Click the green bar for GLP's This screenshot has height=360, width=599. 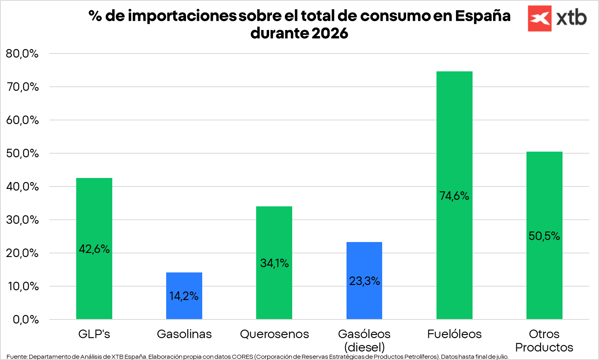coord(94,249)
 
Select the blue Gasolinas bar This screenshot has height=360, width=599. coord(184,296)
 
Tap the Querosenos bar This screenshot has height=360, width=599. coord(274,263)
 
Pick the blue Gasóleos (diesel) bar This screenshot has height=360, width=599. coord(364,281)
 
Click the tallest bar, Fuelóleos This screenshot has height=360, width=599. coord(454,195)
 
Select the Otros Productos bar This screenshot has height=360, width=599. coord(544,236)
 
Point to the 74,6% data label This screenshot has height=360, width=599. coord(454,196)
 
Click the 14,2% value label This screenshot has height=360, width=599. coord(184,296)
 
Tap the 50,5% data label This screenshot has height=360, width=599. coord(544,236)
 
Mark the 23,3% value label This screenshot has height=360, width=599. coord(364,281)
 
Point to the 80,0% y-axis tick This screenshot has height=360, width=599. coord(22,54)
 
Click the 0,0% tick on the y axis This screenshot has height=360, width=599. coord(26,319)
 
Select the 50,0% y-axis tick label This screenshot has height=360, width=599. coord(22,154)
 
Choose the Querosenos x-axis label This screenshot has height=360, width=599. coord(274,334)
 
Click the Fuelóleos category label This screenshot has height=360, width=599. coord(454,334)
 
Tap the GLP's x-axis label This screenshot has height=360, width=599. coord(94,334)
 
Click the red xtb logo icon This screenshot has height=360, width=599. coord(540,19)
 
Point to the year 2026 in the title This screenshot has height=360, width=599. coord(330,33)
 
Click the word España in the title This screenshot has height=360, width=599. coord(483,16)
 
